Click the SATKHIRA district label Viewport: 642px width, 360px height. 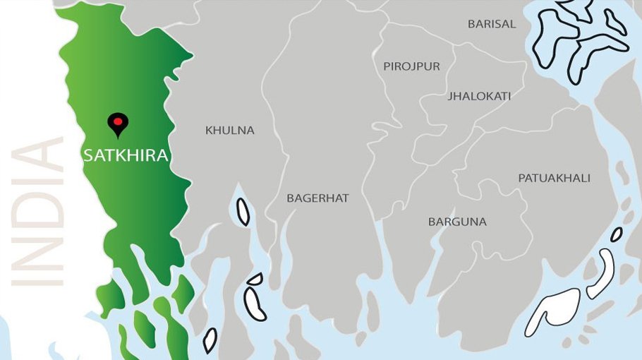(126, 155)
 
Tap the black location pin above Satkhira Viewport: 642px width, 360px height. (117, 124)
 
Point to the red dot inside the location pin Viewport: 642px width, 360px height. (117, 121)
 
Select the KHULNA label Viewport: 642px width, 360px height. (229, 131)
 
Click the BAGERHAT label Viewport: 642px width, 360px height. (317, 198)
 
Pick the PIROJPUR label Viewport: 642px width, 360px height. (411, 66)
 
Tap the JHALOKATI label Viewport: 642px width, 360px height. (479, 96)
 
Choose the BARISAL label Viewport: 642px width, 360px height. (492, 24)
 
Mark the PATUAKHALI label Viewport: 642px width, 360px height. (554, 178)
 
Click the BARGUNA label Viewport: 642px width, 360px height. (457, 222)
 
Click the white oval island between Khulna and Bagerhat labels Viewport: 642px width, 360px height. (243, 212)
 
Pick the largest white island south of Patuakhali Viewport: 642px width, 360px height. (554, 311)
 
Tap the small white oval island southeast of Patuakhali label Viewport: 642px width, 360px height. (617, 234)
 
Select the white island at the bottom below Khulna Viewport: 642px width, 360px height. (210, 340)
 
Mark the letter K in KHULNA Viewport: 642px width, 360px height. (209, 131)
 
